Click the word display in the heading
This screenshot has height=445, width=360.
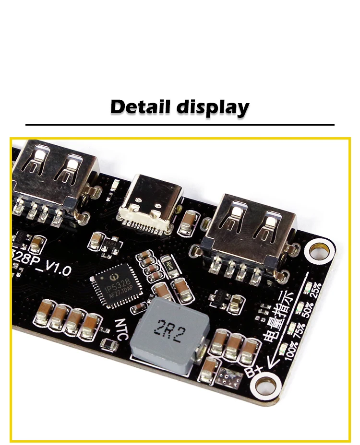point(213,107)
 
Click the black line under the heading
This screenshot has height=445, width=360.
point(180,125)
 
